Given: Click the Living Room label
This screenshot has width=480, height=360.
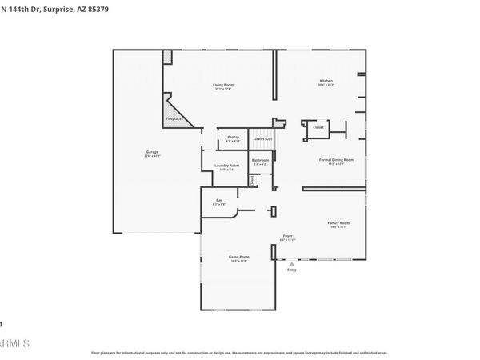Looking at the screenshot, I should (x=223, y=85).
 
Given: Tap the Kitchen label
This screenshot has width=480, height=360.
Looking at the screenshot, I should (x=326, y=82).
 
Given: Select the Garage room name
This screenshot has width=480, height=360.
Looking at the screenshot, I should (x=152, y=152).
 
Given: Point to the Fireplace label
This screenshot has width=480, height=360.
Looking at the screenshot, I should (x=174, y=119).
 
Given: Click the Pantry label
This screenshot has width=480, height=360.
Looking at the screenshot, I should (x=233, y=137).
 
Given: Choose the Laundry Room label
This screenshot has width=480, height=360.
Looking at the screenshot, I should (x=229, y=166).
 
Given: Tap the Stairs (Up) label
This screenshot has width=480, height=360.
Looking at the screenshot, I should (x=263, y=138).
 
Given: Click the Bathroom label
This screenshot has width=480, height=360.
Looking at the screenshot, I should (x=260, y=160).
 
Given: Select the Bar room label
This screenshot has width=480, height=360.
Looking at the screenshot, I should (x=218, y=201).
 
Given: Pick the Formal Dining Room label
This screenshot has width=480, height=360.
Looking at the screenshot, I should (x=337, y=160).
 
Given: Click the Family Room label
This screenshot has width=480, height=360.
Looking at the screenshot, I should (x=338, y=223).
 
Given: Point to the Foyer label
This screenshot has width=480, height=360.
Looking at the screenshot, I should (x=287, y=236).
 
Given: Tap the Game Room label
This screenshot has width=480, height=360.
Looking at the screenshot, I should (x=239, y=257).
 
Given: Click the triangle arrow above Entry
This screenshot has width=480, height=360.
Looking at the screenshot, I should (x=292, y=262).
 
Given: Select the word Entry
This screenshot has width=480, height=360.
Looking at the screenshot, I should (x=292, y=269).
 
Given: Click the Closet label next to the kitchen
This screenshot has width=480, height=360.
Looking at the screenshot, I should (x=318, y=127).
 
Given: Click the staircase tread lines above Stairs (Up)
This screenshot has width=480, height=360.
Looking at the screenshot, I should (x=263, y=130).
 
